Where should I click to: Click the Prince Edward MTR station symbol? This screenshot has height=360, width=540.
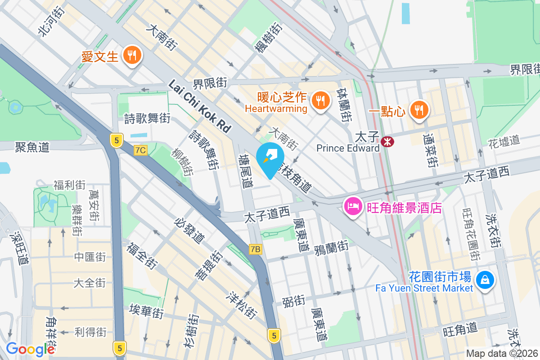[x=387, y=142]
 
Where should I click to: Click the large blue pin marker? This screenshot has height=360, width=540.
[x=270, y=159]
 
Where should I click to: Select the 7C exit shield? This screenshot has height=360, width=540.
[x=140, y=150]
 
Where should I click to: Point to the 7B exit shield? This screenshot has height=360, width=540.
[x=256, y=249]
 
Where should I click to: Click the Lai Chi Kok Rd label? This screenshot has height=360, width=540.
[x=199, y=106]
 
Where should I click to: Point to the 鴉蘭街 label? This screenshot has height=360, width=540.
[x=331, y=247]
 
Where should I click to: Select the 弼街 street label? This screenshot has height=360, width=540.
[x=293, y=301]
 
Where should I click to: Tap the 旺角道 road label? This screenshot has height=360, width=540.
[x=460, y=330]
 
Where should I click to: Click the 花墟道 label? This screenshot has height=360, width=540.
[x=504, y=141]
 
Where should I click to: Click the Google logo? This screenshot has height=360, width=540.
[x=30, y=349]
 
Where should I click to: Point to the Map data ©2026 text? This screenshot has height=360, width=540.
[x=501, y=354]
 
